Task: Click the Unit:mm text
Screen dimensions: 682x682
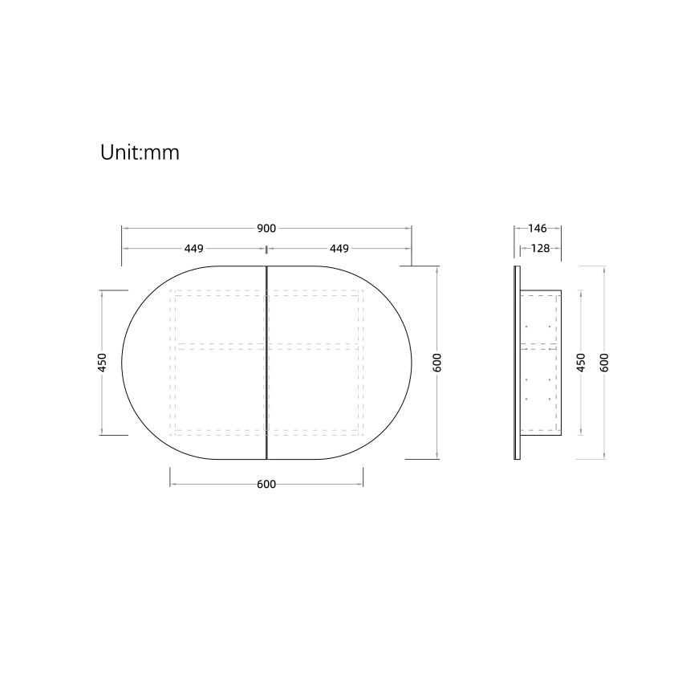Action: [139, 152]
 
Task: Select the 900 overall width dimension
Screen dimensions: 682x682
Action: [266, 229]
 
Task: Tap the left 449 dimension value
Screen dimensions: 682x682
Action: [193, 249]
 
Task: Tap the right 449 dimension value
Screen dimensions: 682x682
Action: [339, 249]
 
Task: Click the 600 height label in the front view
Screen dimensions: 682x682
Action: [437, 363]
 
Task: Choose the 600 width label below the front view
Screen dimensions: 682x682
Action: [266, 485]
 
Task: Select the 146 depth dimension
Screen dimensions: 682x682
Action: [538, 229]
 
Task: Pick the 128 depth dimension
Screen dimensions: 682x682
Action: [541, 249]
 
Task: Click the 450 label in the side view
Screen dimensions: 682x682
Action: [581, 363]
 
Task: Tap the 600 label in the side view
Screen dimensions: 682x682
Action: [603, 363]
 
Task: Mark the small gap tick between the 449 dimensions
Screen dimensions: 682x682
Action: [266, 249]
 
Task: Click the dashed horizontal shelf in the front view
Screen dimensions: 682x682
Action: [266, 346]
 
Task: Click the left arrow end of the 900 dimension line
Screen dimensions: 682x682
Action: [123, 229]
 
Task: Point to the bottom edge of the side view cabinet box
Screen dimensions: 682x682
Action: [541, 436]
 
